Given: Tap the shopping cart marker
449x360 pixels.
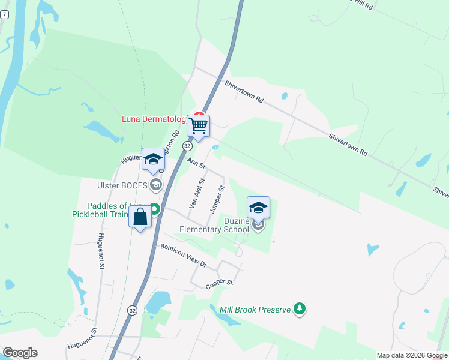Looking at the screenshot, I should coord(198,126).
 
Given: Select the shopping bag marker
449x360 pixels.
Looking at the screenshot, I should coord(140,217).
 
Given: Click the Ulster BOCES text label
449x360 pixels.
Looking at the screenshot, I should coord(122,185).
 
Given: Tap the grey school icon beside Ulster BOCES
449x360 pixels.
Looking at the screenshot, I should coord(156,185).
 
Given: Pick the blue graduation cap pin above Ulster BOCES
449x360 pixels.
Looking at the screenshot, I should coord(153,160).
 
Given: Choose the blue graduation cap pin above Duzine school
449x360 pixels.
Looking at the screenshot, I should coord(259,208).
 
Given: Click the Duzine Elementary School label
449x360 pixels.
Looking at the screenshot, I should coord(214,225).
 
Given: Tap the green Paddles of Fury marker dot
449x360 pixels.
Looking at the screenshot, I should coord(155,209).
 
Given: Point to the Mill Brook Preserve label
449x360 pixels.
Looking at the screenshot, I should coord(255,310).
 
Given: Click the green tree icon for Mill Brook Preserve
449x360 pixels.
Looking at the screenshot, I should coord(300,309).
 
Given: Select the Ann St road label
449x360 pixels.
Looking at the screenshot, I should coord(196,163).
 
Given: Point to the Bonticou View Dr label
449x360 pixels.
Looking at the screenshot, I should coord(183,256).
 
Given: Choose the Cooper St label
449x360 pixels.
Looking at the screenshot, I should coord(219,282).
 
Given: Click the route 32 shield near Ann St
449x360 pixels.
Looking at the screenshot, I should coord(188,146).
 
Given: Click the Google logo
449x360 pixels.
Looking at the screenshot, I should coord(20,353).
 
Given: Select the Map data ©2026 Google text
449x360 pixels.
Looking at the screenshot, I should coord(412,355).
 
